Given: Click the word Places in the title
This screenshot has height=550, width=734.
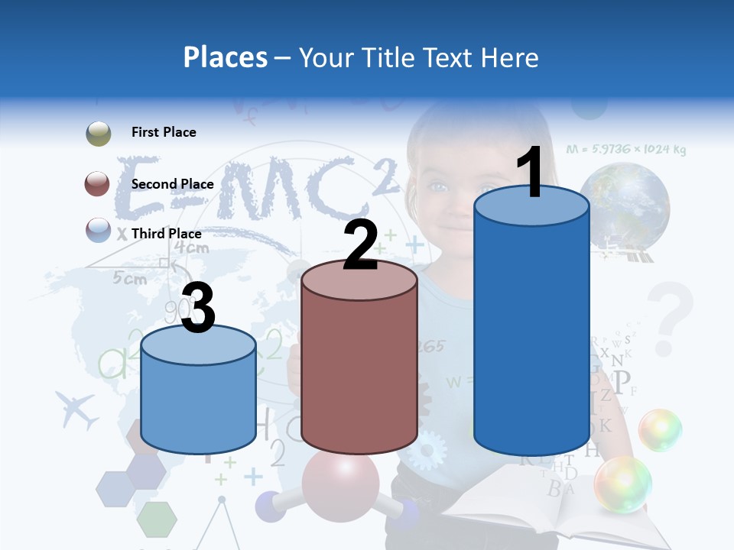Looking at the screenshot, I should [225, 57].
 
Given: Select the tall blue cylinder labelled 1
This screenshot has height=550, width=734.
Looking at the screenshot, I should [531, 328].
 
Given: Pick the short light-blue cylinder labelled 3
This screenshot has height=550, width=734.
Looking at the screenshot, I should [198, 393].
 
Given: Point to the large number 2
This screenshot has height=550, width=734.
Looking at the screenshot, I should [360, 246].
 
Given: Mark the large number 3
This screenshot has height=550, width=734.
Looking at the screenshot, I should [198, 309].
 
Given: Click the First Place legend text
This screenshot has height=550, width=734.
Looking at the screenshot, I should [164, 132].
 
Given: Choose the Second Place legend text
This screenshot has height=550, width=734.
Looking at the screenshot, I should [172, 184].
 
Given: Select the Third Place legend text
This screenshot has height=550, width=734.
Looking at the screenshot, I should [167, 234].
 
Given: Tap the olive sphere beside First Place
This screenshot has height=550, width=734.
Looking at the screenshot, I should [99, 134].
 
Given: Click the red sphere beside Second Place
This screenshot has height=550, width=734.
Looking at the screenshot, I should [98, 184].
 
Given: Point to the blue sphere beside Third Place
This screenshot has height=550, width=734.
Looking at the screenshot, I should [99, 230].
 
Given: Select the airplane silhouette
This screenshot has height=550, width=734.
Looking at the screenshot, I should [76, 410].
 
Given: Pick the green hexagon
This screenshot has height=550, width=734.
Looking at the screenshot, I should [157, 519].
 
